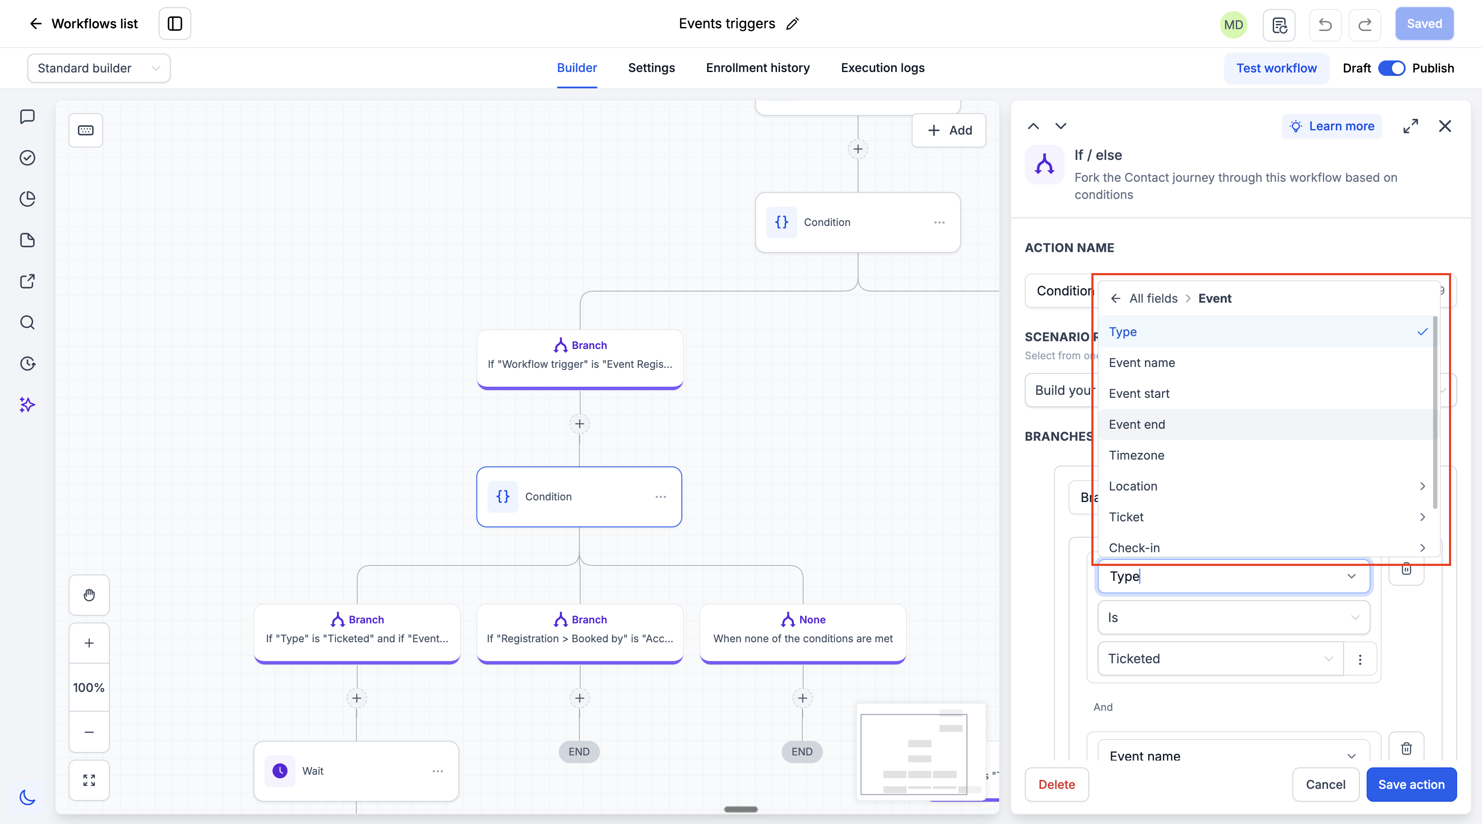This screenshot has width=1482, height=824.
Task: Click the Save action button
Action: [1411, 784]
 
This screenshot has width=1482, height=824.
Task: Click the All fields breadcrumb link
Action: [1153, 298]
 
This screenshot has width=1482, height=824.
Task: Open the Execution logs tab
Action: [883, 68]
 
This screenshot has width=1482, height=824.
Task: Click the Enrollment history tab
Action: [758, 68]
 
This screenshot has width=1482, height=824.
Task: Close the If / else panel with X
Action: [1445, 126]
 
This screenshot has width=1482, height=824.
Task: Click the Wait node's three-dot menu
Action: [438, 771]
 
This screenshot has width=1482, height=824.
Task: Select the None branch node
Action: [803, 632]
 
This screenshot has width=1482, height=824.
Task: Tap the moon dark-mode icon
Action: [27, 797]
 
